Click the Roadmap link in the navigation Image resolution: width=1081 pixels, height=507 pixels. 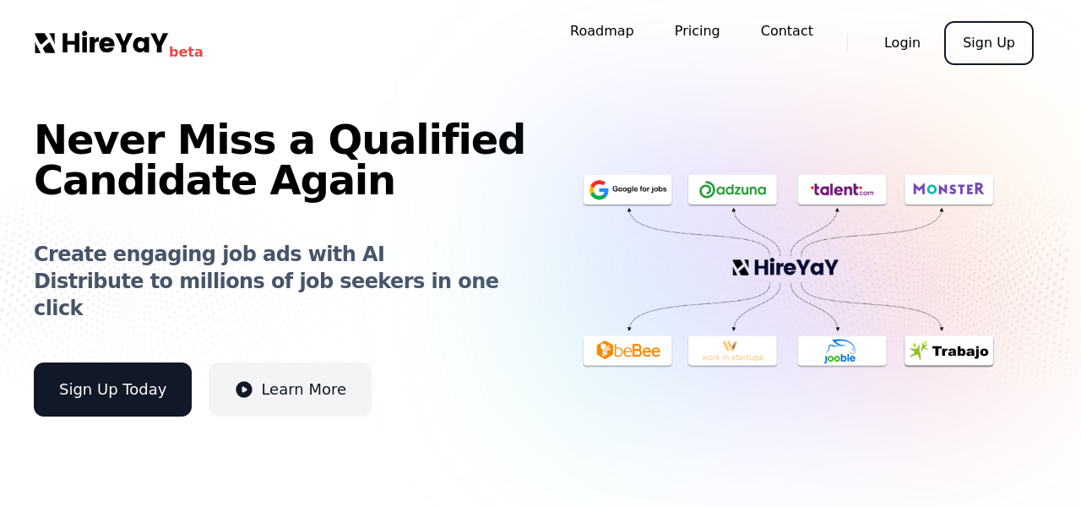tap(602, 31)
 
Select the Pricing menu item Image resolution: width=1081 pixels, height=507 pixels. tap(697, 31)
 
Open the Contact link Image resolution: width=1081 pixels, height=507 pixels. tap(786, 31)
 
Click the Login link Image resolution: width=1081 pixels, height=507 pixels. tap(902, 43)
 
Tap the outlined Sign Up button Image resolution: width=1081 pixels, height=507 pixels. tap(988, 43)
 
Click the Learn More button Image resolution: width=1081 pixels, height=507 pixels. tap(290, 390)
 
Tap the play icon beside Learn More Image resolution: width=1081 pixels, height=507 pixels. tap(244, 390)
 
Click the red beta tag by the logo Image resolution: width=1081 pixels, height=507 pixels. tap(186, 52)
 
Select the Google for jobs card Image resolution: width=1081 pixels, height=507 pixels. tap(627, 190)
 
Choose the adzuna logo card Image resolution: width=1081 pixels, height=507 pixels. tap(732, 190)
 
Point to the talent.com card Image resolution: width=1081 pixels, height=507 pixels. tap(842, 190)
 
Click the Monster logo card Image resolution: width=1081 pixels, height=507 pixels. tap(948, 190)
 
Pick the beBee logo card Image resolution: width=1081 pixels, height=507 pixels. tap(627, 351)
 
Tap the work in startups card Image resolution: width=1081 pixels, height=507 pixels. tap(732, 351)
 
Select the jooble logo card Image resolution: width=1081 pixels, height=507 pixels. tap(842, 351)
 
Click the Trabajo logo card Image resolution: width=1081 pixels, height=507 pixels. tap(948, 351)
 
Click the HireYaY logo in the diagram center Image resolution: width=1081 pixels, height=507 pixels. tap(785, 268)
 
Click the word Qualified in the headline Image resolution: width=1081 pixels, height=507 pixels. tap(426, 140)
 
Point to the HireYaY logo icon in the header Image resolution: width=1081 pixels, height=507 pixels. tap(45, 43)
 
